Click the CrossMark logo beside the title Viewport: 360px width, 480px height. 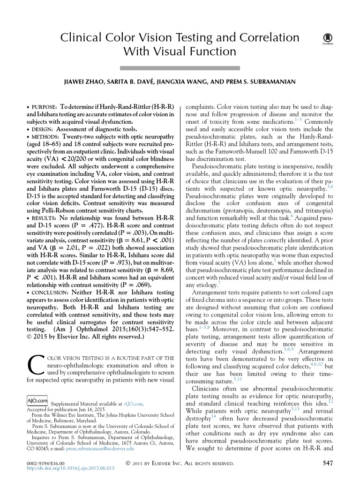(324, 40)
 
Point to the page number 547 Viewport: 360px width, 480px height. (328, 464)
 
